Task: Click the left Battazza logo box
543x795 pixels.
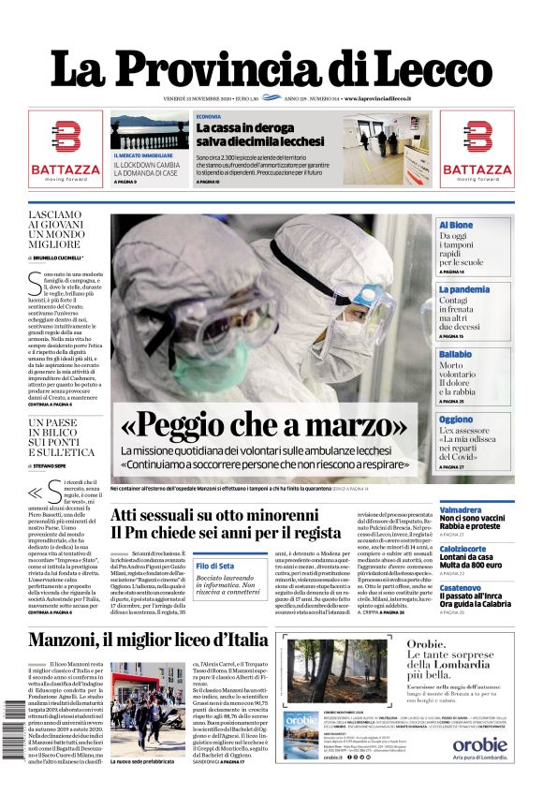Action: pyautogui.click(x=65, y=149)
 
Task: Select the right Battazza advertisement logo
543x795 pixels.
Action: pyautogui.click(x=477, y=149)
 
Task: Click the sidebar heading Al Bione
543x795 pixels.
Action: pyautogui.click(x=456, y=226)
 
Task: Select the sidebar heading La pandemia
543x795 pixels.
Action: pyautogui.click(x=463, y=290)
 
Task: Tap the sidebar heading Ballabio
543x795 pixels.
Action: pyautogui.click(x=456, y=354)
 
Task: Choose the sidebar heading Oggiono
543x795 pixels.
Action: pyautogui.click(x=456, y=420)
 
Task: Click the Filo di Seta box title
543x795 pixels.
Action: pyautogui.click(x=215, y=566)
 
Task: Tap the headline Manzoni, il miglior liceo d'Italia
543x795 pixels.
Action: pyautogui.click(x=147, y=640)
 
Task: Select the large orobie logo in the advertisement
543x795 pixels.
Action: pyautogui.click(x=480, y=745)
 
